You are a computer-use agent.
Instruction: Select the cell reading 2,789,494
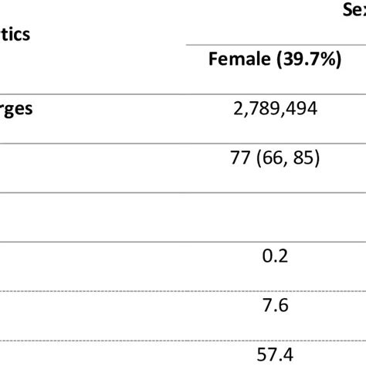[275, 110]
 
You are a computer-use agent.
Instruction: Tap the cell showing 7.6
[275, 305]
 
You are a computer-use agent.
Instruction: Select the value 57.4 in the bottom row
[275, 354]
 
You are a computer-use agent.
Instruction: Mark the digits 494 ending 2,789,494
[305, 110]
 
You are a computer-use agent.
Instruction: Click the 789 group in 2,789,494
[272, 110]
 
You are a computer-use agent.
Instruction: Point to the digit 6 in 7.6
[283, 305]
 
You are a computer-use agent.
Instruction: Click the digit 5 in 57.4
[260, 354]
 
